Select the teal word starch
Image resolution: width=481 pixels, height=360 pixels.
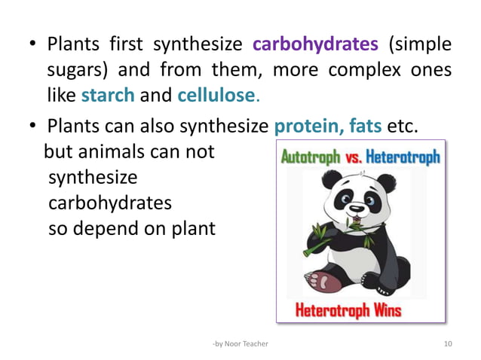(108, 96)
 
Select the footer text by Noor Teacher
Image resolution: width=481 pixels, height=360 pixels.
(240, 343)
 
